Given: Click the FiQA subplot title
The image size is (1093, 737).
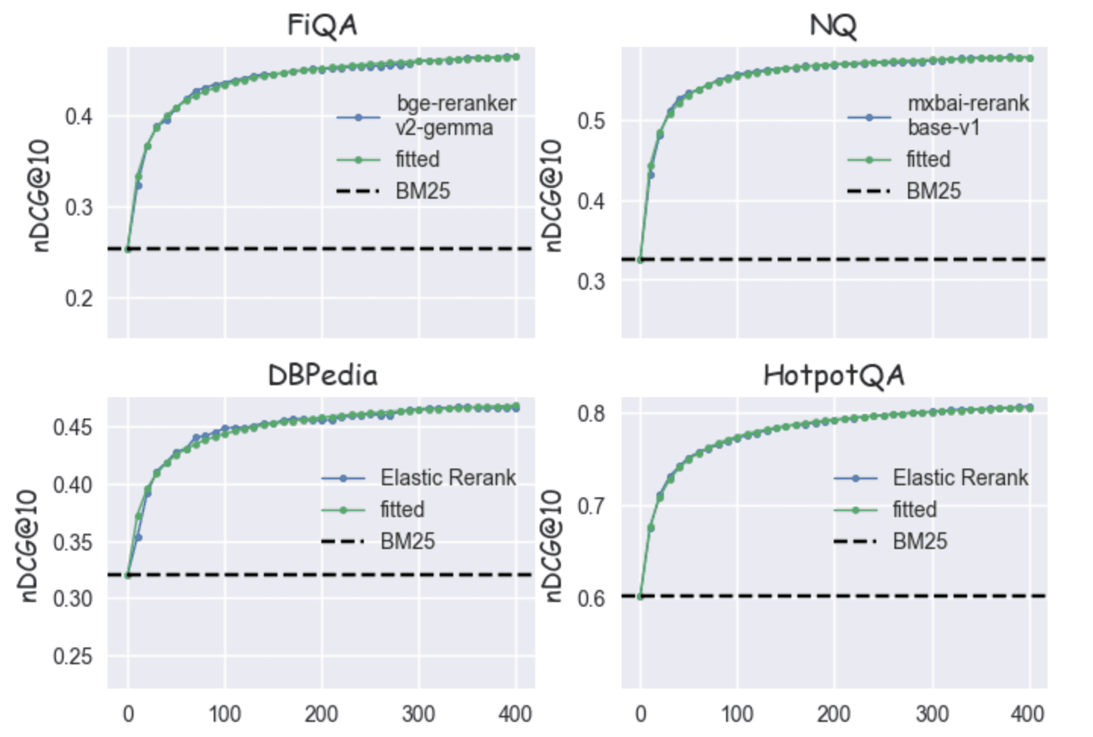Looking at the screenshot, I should (321, 26).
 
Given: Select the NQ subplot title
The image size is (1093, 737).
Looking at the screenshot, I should (833, 26).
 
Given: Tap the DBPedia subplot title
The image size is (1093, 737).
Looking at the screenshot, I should (322, 375).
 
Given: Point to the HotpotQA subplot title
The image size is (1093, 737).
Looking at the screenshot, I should (834, 375).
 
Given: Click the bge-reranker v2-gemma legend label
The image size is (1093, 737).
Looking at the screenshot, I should (455, 115).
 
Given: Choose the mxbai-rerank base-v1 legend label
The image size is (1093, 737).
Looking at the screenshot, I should (968, 115).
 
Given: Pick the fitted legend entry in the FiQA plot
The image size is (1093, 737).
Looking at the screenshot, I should (417, 159).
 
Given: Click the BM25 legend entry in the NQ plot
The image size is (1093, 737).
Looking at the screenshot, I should (933, 191).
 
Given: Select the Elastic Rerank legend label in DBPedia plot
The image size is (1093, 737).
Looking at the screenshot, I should (448, 478).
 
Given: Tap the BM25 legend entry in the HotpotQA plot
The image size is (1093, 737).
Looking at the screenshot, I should (919, 541).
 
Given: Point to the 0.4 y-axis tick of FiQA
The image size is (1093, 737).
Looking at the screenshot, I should (79, 117).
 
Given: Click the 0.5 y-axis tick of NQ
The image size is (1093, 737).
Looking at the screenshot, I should (591, 121).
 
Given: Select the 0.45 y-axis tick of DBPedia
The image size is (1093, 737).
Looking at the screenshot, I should (73, 427).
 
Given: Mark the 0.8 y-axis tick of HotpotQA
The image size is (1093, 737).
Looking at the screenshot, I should (591, 413).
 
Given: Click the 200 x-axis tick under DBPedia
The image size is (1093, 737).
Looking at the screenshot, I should (321, 713).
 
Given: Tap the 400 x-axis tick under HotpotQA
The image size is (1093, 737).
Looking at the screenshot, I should (1028, 713).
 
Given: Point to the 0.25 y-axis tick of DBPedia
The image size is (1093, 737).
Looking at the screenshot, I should (73, 656).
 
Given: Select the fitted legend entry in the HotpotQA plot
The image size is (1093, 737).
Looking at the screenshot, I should (914, 510).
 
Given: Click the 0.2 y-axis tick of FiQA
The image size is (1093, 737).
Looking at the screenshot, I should (79, 299).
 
